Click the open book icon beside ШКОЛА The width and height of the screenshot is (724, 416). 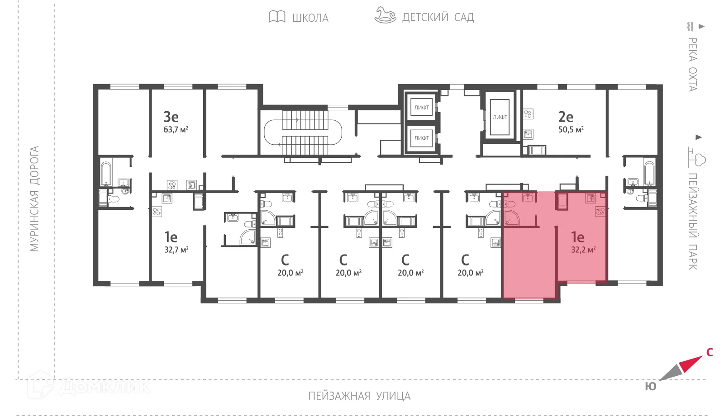coord(277,17)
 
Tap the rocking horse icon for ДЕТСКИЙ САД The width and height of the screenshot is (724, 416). coord(385,15)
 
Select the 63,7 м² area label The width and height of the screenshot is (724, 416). coord(176,130)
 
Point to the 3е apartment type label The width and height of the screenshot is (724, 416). coord(171,117)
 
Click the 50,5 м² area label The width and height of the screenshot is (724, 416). coord(571,130)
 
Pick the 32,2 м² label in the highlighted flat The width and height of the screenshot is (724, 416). coord(583,250)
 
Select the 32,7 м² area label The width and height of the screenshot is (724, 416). coord(176,250)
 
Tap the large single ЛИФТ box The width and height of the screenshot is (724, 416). coord(500,117)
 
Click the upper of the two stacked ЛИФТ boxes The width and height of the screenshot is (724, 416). coord(421,108)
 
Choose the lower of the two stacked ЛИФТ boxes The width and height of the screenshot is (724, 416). coord(421,138)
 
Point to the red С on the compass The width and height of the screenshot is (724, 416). coord(709,352)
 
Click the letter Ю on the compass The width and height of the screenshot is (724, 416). coord(650,387)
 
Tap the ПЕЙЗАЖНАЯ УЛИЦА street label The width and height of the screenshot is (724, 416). coord(359,396)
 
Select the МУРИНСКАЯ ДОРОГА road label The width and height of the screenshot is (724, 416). coord(34,199)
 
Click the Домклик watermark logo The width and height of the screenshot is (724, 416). coord(88,386)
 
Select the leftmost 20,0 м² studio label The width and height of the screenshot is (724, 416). coord(290,273)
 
